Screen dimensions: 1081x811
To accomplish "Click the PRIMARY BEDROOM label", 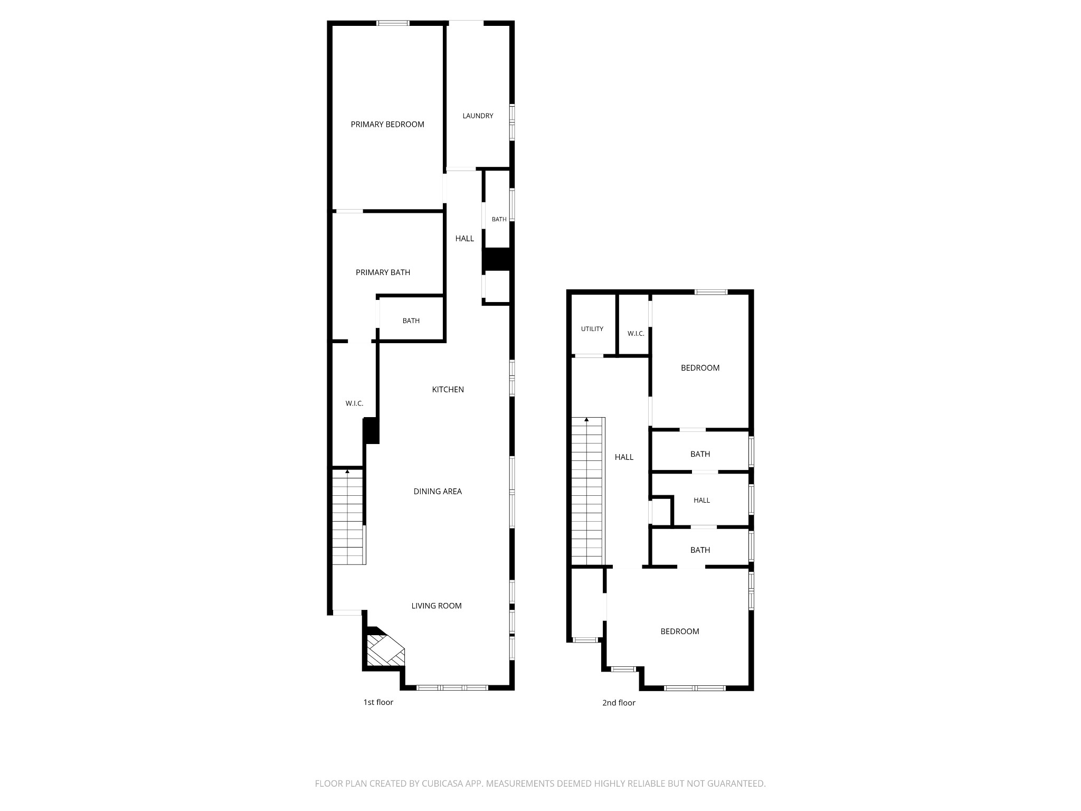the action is pos(387,125).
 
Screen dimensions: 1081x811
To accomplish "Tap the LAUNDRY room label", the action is pos(478,116).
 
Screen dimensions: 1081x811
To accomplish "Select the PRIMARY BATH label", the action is pos(383,272).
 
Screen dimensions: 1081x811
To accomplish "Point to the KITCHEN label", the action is pos(448,390).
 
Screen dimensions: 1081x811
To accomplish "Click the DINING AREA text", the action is pos(438,492).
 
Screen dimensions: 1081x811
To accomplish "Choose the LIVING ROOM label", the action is pos(437,606).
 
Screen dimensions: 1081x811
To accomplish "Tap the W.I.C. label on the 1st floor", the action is pos(354,404).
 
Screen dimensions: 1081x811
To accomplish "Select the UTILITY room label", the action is pos(592,329).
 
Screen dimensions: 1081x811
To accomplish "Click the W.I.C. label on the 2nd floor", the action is pos(636,334).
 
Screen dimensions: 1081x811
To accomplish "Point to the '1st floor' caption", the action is pos(378,702).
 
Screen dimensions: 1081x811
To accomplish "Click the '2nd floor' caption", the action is pos(619,703).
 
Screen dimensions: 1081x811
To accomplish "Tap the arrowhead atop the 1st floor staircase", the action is pos(347,470).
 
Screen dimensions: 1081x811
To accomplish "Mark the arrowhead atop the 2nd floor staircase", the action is pos(586,419).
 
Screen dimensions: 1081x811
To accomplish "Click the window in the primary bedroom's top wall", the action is pos(393,23).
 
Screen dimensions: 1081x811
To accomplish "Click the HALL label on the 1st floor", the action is pos(464,239).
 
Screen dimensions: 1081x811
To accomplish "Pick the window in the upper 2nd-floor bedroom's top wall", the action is pos(711,292).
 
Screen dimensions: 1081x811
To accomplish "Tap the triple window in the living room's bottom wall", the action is pos(452,687).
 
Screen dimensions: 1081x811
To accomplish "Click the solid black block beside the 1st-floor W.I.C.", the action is pos(372,430).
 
